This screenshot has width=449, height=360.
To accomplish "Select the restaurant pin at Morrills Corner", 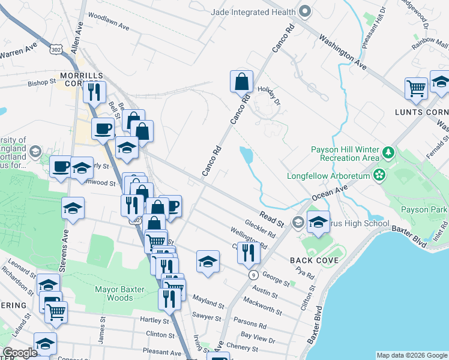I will tap(94, 92).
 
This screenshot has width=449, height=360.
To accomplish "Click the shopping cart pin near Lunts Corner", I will tap(415, 88).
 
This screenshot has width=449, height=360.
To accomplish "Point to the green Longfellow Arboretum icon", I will tap(379, 175).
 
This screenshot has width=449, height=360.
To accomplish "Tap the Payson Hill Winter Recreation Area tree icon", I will tap(388, 153).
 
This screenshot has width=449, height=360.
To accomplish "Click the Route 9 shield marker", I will tap(254, 274).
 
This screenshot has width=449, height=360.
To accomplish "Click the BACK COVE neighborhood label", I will tap(314, 260).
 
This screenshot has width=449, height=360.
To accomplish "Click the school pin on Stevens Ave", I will tap(73, 208).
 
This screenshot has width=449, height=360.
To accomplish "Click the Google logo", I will tap(20, 353).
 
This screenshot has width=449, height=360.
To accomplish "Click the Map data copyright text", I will tap(411, 355).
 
